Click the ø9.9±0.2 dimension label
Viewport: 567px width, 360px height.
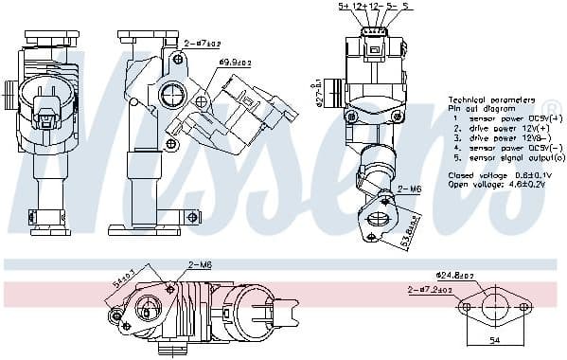[x=234, y=63]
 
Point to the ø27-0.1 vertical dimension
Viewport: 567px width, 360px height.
[x=318, y=93]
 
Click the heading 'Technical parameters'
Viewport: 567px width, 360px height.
[x=491, y=99]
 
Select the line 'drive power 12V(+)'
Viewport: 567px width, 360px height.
[x=495, y=127]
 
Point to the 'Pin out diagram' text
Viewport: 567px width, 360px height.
[x=478, y=109]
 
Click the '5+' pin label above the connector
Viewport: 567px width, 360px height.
[x=345, y=7]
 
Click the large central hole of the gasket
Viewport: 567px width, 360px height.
[x=491, y=308]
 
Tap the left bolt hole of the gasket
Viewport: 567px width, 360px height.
[x=466, y=308]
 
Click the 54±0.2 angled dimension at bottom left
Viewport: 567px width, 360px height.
[x=123, y=281]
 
